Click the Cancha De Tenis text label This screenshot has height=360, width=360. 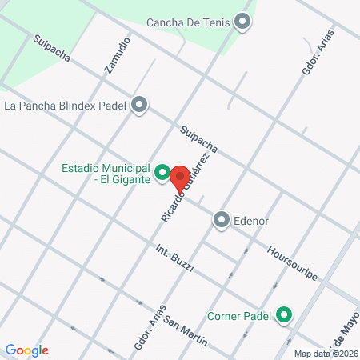coord(189,22)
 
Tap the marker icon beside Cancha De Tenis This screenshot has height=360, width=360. coord(242,23)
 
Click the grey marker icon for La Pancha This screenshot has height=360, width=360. coord(140,104)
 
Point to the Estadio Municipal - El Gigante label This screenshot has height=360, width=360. coord(105,174)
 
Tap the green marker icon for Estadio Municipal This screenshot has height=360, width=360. coord(162,172)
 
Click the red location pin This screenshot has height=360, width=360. coord(179,176)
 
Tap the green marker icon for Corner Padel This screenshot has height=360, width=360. coord(284,317)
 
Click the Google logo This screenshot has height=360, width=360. coord(26,350)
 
